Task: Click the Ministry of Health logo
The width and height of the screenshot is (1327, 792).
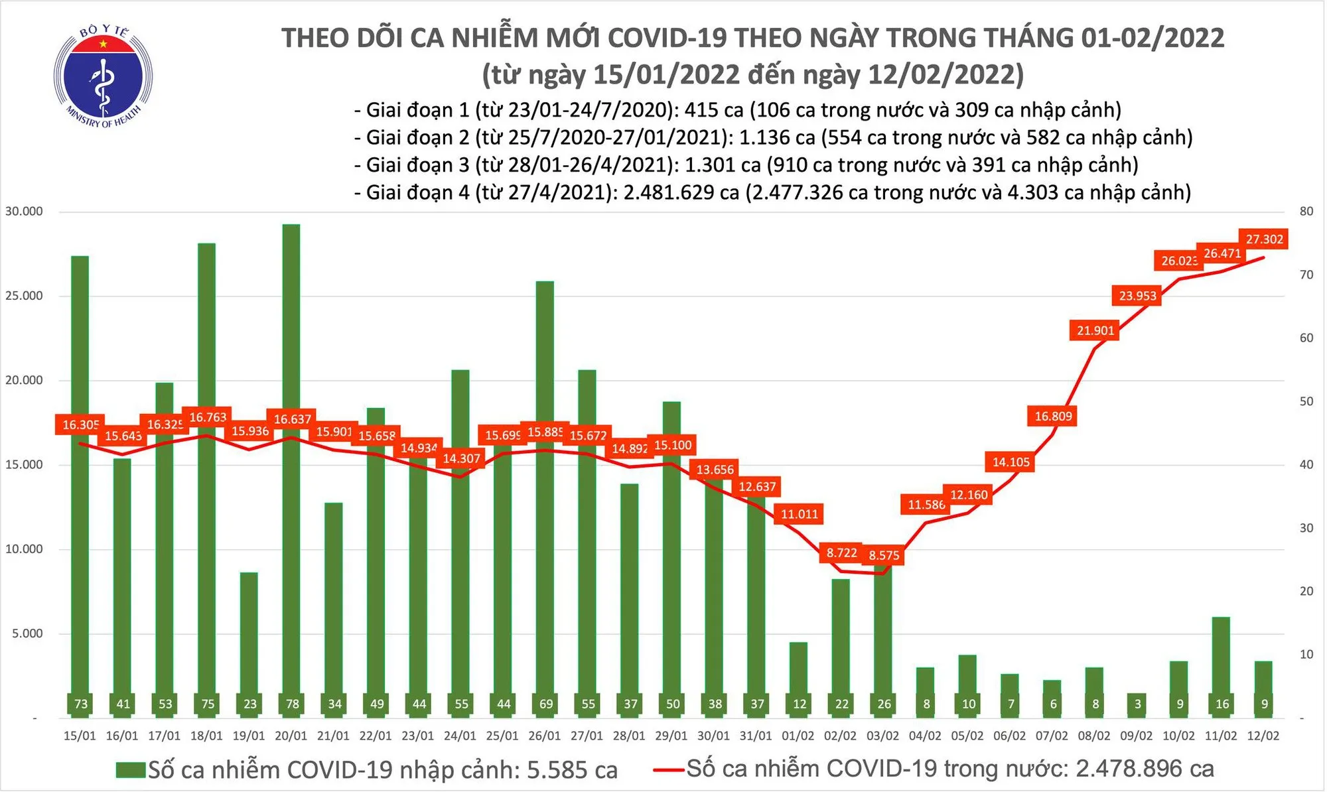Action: point(103,77)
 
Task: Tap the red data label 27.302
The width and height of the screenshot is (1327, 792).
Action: point(1264,239)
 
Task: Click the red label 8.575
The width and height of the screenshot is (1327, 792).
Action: point(884,555)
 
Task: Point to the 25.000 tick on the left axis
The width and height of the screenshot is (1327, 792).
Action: point(24,296)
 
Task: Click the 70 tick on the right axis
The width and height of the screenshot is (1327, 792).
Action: point(1306,275)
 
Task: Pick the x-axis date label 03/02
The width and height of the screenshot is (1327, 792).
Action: point(882,736)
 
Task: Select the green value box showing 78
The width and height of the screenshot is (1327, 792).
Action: point(292,704)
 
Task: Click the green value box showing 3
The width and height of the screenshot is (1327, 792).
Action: point(1138,704)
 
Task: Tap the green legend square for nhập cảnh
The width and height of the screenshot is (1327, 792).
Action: point(131,769)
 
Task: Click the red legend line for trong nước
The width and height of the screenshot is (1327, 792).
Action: point(668,769)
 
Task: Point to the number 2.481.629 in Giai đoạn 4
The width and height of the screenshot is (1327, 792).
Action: point(668,192)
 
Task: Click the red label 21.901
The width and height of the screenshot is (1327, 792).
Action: point(1095,330)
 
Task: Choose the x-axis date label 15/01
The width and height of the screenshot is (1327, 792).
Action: point(80,736)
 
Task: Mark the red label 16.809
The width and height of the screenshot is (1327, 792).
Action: point(1053,416)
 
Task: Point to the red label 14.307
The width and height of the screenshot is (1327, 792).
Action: point(461,458)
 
